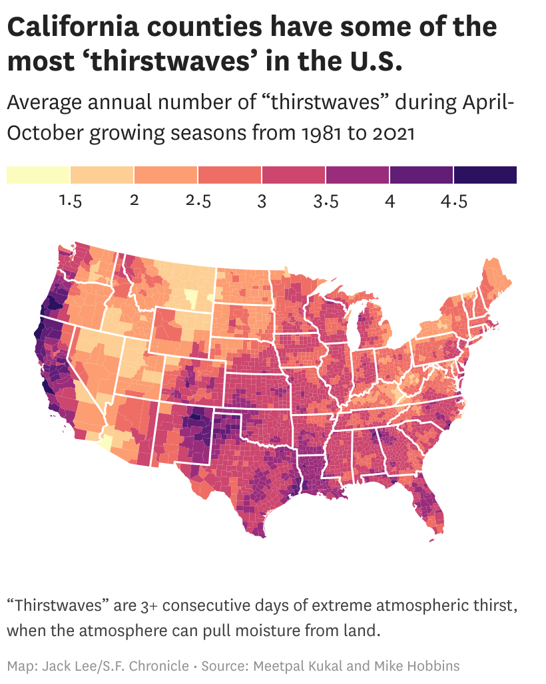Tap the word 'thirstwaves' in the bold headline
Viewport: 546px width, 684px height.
[x=170, y=61]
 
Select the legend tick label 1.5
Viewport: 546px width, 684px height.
[x=71, y=201]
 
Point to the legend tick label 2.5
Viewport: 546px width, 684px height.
[x=198, y=201]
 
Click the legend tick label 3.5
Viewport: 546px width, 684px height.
[x=326, y=201]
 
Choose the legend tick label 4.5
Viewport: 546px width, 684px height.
[x=454, y=201]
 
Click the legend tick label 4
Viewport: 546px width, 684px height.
[x=390, y=201]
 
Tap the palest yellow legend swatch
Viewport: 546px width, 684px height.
[x=39, y=175]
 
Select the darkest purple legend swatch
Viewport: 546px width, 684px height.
[x=485, y=175]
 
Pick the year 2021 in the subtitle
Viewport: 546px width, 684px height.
[x=394, y=132]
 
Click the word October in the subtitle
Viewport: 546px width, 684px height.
[x=45, y=132]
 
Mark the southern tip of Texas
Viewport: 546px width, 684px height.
[x=262, y=536]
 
